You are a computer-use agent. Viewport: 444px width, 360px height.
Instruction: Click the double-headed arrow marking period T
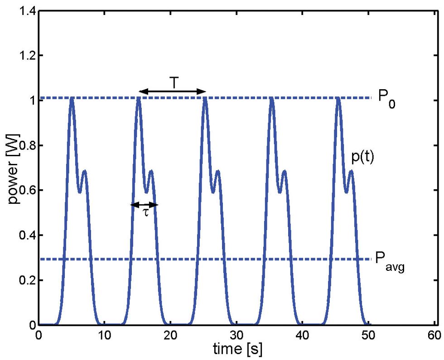tap(172, 92)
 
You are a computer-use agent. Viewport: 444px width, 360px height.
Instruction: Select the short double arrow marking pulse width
tap(145, 205)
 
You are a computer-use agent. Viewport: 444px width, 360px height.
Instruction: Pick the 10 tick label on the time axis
tap(105, 336)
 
